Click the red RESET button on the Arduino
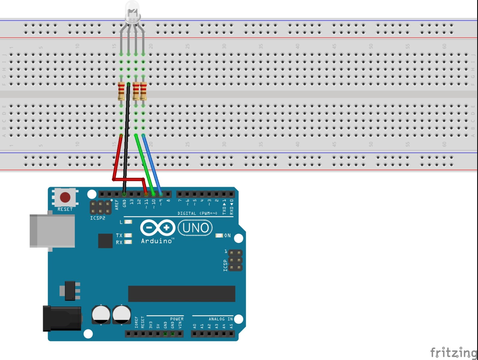65,197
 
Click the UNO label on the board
195,228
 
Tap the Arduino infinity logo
158,228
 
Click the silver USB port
52,231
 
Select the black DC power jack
62,318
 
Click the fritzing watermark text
453,352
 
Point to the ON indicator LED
219,235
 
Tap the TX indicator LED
128,235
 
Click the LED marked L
128,222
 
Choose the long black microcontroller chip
182,294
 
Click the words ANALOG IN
221,319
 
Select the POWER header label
177,319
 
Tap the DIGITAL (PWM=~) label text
197,213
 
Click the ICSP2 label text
98,218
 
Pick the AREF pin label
117,204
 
